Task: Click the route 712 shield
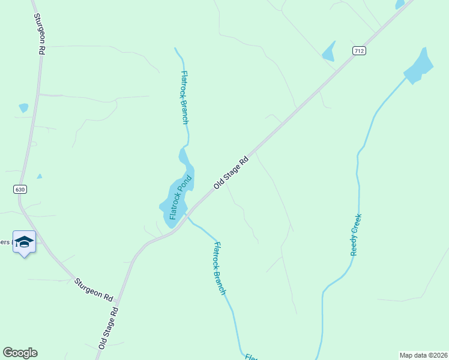(x=358, y=51)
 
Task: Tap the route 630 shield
(x=20, y=190)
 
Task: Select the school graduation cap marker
(x=24, y=242)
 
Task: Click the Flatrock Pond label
(x=180, y=197)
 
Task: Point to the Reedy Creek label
(x=356, y=235)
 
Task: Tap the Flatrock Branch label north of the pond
(x=185, y=97)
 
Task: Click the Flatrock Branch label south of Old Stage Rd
(x=220, y=268)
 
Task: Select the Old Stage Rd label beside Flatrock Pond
(x=231, y=173)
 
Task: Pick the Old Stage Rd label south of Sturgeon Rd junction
(x=109, y=329)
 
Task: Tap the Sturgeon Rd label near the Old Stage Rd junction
(x=94, y=289)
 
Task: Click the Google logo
(x=20, y=353)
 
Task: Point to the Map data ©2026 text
(x=423, y=355)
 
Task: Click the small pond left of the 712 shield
(x=329, y=52)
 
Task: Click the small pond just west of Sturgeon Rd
(x=23, y=108)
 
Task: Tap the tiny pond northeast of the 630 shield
(x=40, y=176)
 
